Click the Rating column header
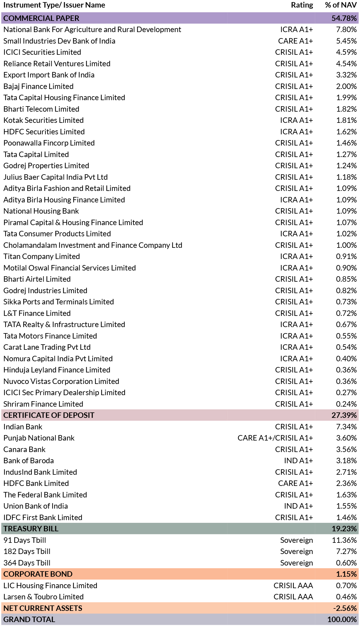(302, 5)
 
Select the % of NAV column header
(341, 5)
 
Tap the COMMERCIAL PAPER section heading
(41, 18)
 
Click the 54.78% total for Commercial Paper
(344, 18)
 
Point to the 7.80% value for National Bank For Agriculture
(346, 29)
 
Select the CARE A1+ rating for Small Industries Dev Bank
(296, 41)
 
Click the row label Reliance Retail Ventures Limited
(57, 64)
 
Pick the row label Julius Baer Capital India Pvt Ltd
(56, 177)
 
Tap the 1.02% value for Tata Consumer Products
(346, 234)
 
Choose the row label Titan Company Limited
(42, 256)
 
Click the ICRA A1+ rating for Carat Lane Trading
(296, 347)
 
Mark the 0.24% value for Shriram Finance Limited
(346, 404)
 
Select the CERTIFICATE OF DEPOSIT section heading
(49, 415)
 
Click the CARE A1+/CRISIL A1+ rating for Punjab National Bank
(275, 438)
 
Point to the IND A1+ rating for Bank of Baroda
(299, 460)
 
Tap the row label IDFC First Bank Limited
(43, 517)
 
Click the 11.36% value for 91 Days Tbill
(345, 540)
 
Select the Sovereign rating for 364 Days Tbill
(296, 563)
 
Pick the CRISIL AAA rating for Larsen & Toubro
(293, 597)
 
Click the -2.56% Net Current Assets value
(345, 608)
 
